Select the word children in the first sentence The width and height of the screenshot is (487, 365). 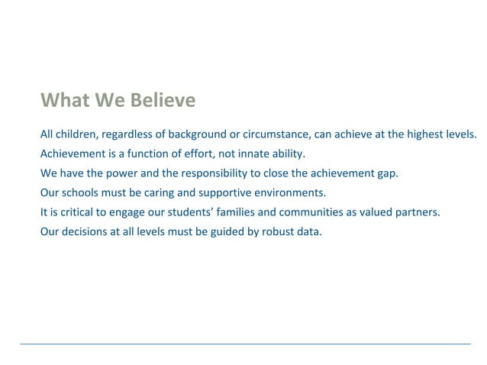pyautogui.click(x=78, y=134)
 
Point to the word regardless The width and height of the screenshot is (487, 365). pyautogui.click(x=127, y=134)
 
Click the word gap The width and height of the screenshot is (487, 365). pyautogui.click(x=387, y=173)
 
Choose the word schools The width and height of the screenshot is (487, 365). pyautogui.click(x=81, y=192)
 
